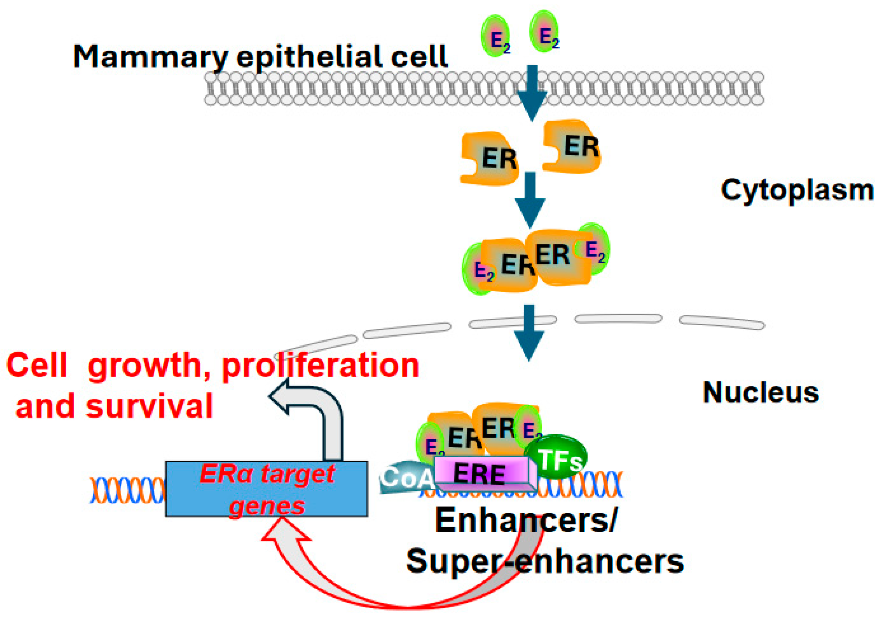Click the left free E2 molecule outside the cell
[496, 36]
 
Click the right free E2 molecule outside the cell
[544, 32]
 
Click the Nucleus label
[761, 393]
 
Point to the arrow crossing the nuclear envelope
[529, 333]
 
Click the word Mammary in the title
[150, 57]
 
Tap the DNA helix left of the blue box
[127, 490]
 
